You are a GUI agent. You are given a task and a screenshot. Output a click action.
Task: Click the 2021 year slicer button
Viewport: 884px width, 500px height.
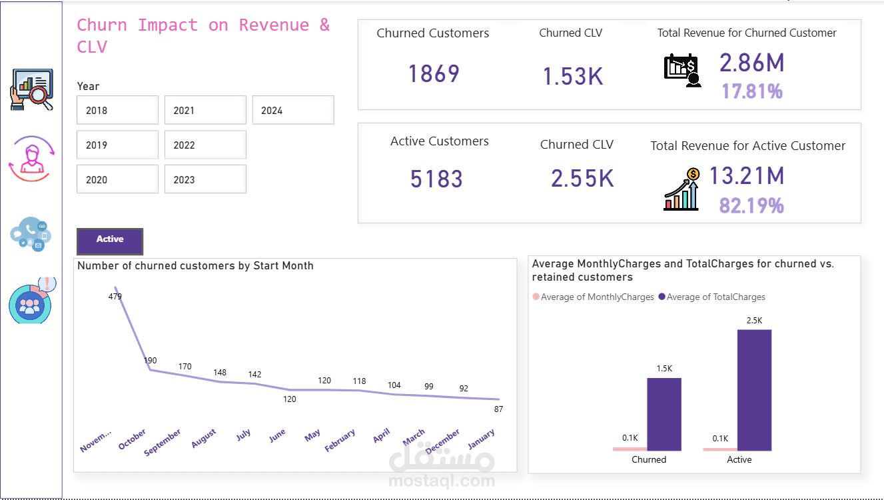pos(205,110)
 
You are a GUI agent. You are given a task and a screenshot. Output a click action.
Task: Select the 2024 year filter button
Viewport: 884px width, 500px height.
pos(293,110)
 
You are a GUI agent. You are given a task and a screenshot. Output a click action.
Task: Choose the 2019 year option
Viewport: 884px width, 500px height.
pos(117,145)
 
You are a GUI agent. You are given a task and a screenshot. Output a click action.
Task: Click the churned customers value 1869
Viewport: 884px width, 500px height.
pos(434,73)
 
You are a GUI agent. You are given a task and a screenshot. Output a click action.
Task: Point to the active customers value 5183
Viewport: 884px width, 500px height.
pos(436,179)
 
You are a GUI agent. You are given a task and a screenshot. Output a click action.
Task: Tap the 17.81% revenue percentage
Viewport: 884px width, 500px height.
pos(752,91)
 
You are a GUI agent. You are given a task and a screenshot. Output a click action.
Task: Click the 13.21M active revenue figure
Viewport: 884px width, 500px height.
pos(746,176)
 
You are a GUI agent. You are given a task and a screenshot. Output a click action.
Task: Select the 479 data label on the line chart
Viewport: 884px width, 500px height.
pos(115,296)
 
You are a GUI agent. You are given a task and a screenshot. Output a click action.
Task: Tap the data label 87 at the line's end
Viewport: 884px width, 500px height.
pos(498,409)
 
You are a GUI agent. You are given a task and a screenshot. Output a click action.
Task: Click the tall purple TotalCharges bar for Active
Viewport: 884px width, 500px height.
pos(754,390)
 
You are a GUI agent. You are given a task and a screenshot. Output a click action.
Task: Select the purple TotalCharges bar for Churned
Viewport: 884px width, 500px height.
pos(663,414)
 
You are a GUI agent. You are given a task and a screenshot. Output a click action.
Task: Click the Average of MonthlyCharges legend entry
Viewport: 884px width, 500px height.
pos(594,297)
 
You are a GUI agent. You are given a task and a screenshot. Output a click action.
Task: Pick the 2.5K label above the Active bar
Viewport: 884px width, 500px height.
pos(755,321)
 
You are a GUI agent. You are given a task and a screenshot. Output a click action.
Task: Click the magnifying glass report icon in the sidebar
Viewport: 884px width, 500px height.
pos(31,89)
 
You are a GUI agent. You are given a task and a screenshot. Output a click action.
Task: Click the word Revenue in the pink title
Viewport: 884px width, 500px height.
pos(274,25)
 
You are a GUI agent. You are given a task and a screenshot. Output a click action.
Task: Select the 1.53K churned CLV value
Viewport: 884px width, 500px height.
pos(572,77)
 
